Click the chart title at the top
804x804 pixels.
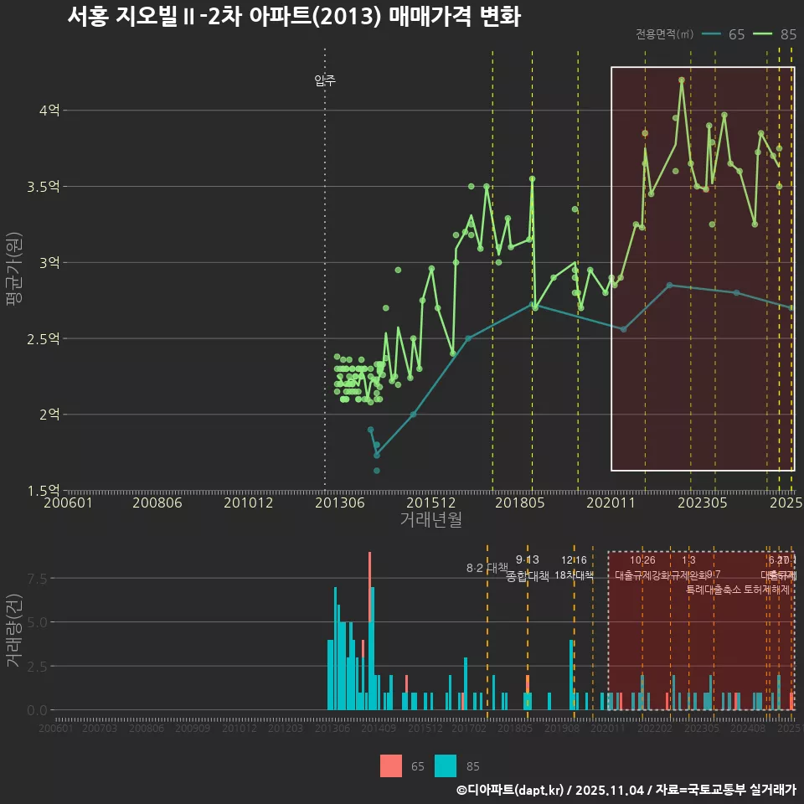(293, 17)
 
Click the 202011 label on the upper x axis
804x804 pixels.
(610, 503)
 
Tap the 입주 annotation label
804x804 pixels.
(325, 80)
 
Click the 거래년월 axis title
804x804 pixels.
(430, 520)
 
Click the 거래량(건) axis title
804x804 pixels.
(13, 631)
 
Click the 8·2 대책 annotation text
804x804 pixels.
(487, 568)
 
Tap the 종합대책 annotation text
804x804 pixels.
(528, 576)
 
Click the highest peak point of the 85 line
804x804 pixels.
(682, 80)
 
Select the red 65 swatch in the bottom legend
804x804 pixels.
(390, 765)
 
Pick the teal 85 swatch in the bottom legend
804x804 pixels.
(446, 765)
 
